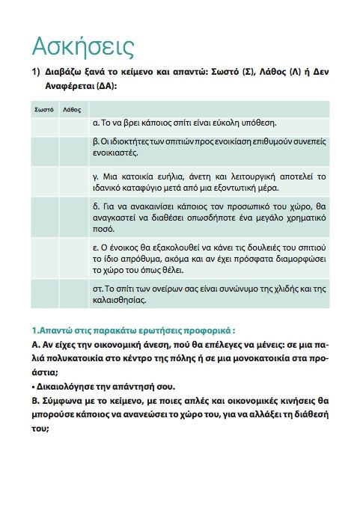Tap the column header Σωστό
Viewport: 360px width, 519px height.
click(43, 109)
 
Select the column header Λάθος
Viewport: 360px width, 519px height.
click(73, 109)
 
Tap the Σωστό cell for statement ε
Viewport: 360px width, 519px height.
click(44, 257)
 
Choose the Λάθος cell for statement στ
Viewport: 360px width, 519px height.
click(73, 292)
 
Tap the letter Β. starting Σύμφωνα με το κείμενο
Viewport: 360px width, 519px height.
click(35, 400)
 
